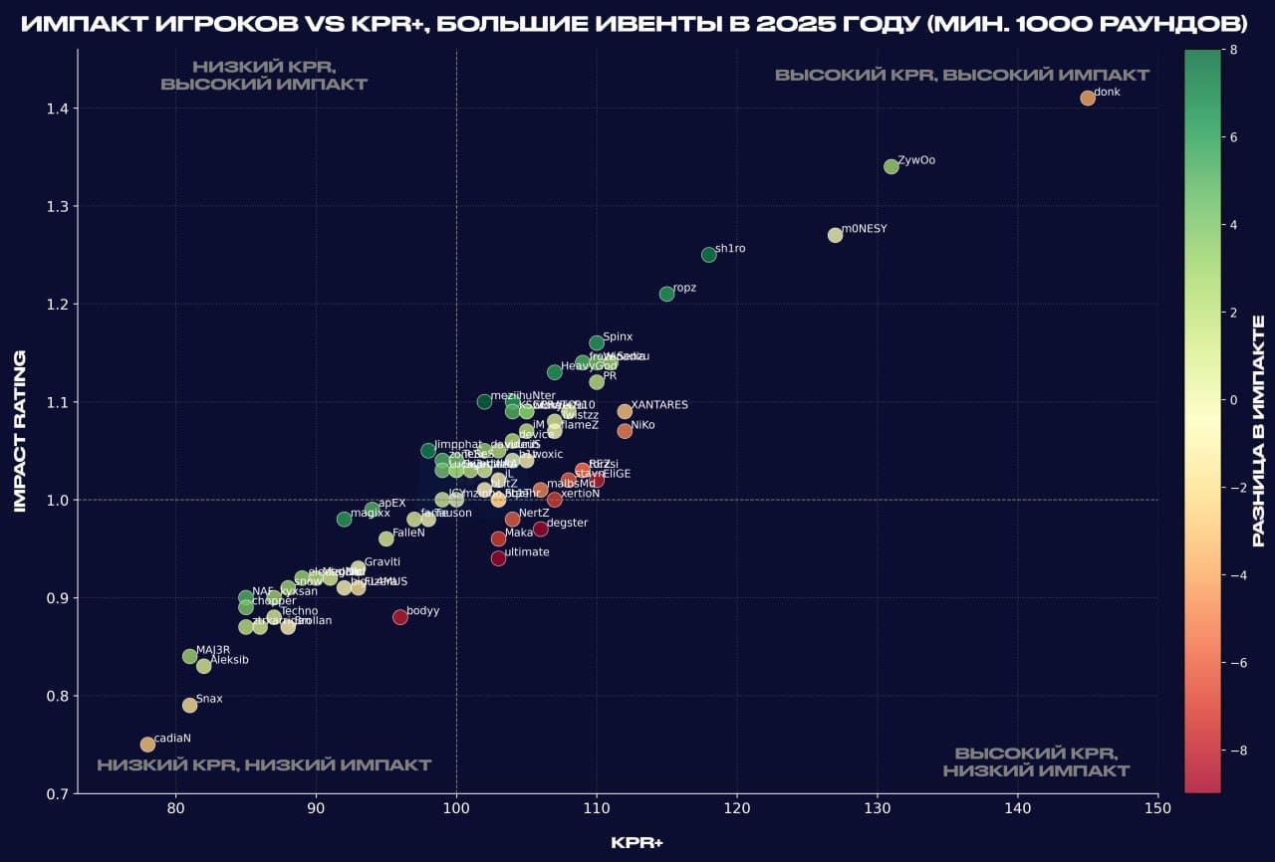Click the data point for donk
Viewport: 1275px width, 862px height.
(1088, 98)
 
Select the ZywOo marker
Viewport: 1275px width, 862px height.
(892, 166)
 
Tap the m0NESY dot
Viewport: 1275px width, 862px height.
(835, 235)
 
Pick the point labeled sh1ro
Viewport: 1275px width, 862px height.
(709, 255)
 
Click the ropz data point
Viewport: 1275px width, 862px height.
(666, 294)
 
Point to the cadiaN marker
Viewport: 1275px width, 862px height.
(147, 745)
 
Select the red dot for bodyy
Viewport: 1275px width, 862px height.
(400, 617)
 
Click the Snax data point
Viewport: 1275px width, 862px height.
(189, 705)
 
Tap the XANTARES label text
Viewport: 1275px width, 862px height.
(659, 405)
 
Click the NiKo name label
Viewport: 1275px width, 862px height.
(642, 425)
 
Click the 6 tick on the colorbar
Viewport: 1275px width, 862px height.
(1233, 137)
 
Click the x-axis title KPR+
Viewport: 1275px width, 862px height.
(637, 843)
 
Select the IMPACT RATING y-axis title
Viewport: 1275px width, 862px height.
(19, 431)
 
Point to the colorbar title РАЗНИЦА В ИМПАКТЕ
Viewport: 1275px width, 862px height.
(1258, 431)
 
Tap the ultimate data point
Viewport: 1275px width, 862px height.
(498, 558)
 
